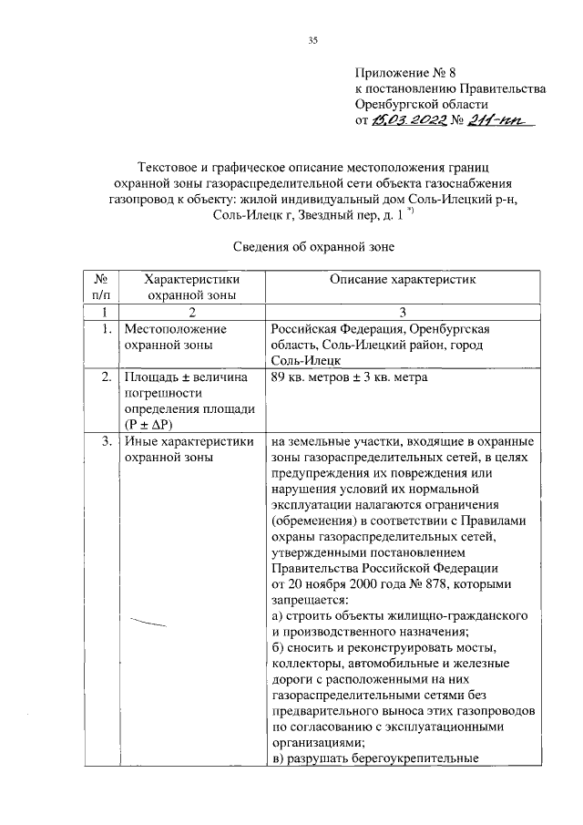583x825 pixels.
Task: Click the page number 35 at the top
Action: (x=312, y=39)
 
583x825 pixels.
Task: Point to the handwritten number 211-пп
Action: (x=502, y=120)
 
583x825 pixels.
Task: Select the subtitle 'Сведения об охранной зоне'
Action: (x=312, y=245)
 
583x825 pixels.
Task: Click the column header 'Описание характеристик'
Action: (x=403, y=280)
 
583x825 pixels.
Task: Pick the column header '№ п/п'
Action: (x=102, y=287)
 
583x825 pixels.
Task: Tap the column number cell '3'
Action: (x=403, y=312)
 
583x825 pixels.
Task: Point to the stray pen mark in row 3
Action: (x=150, y=623)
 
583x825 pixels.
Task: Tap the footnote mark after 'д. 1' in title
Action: (x=413, y=211)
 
